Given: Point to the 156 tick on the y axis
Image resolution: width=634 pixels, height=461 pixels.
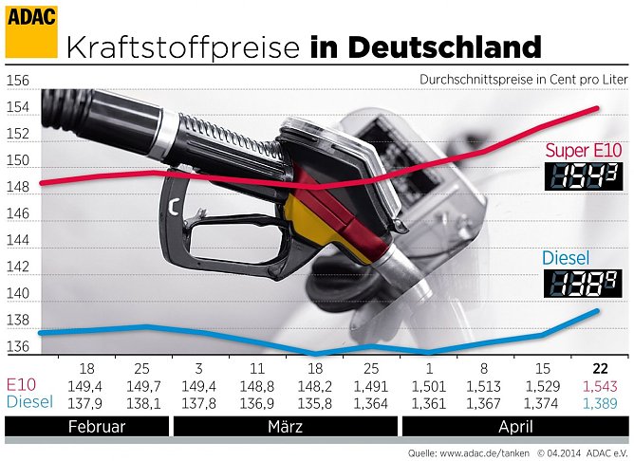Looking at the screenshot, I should (18, 82).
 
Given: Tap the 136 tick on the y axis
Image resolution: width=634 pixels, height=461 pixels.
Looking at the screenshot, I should (18, 347).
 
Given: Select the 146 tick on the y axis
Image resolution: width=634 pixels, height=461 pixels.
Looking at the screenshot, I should (18, 214).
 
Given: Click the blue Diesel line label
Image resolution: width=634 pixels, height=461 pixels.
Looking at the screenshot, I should (566, 258).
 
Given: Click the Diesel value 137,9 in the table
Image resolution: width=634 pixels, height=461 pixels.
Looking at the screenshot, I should (86, 404).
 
